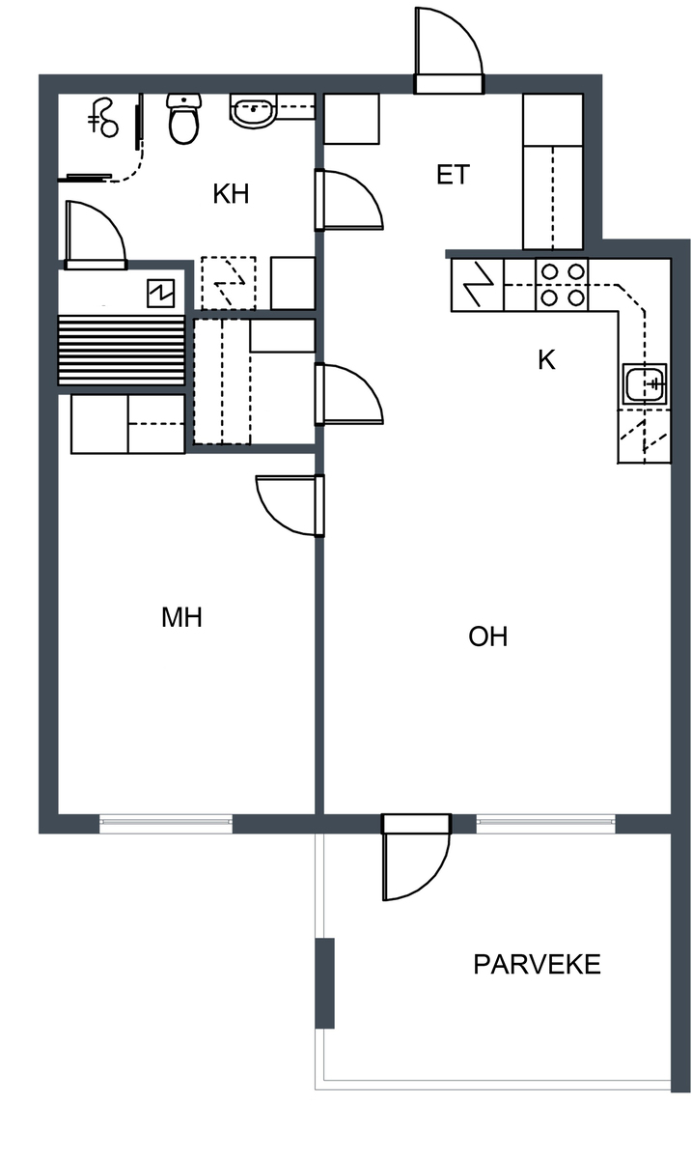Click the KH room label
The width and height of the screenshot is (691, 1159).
231,194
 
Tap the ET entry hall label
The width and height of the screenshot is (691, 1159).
454,175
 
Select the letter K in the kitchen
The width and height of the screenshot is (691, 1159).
546,360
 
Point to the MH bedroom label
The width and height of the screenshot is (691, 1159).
181,617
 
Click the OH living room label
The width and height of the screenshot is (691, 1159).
488,636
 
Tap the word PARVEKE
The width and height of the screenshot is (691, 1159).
537,965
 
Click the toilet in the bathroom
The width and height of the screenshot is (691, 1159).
183,119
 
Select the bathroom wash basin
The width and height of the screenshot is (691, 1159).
253,111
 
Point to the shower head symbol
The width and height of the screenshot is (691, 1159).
103,118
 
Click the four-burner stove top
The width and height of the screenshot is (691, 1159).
562,284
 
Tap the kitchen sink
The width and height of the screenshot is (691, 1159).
645,384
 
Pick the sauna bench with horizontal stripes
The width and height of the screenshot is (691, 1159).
122,350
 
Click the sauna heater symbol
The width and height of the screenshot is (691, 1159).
161,294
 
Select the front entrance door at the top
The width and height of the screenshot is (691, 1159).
449,50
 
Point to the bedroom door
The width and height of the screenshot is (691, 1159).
290,505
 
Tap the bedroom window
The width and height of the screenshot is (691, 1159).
166,823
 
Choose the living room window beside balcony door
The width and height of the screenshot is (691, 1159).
546,823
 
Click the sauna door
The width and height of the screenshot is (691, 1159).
96,235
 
